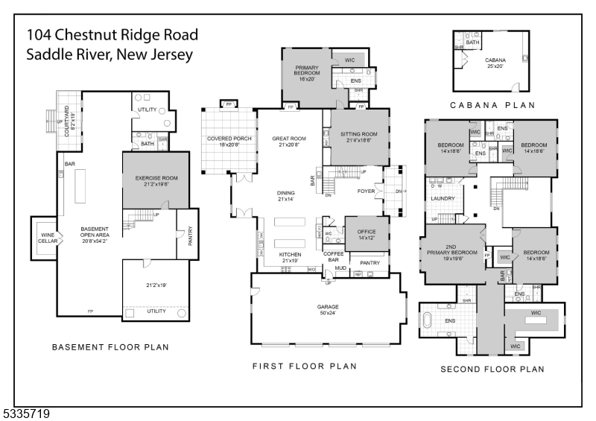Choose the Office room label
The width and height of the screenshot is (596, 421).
367,235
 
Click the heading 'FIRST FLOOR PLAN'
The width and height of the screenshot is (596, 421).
305,366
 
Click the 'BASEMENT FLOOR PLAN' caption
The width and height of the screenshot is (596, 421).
110,347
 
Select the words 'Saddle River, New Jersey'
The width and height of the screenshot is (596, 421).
110,55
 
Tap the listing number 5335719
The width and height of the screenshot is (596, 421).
26,412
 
